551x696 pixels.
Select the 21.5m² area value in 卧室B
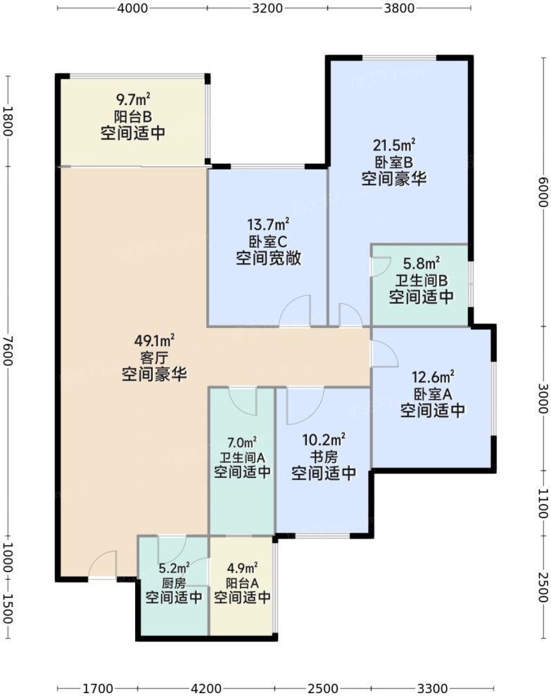[x=394, y=146]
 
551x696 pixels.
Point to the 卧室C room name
[x=268, y=241]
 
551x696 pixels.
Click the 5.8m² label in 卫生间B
[x=422, y=264]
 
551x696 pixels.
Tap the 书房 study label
[x=323, y=457]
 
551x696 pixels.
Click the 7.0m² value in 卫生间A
[x=241, y=443]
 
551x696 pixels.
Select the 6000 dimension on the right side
[x=542, y=191]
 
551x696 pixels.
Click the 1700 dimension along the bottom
[x=97, y=688]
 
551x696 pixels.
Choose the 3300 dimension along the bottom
[x=431, y=688]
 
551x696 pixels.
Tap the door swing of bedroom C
[x=295, y=312]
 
